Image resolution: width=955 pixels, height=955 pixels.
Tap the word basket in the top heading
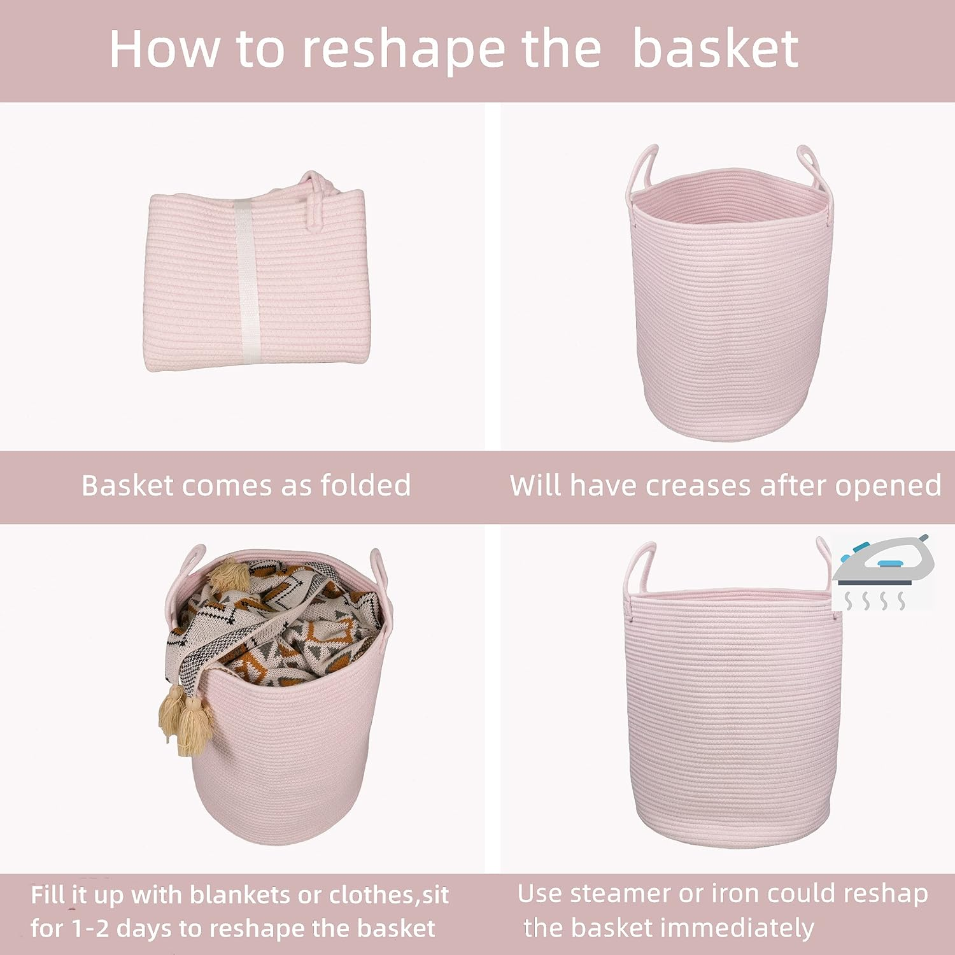716,50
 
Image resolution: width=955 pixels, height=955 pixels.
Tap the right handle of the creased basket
811,168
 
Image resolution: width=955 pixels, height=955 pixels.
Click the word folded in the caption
365,486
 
